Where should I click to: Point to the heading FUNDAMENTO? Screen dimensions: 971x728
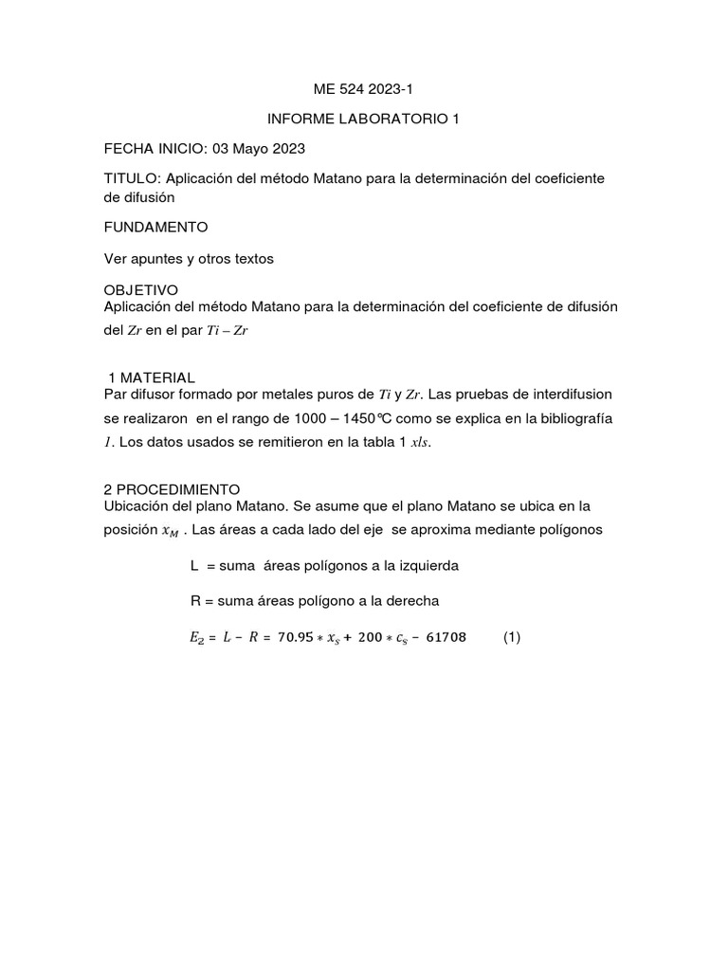(x=155, y=228)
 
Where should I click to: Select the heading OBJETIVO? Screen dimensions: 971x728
(x=140, y=289)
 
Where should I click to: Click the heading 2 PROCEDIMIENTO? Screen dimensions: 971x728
(x=172, y=489)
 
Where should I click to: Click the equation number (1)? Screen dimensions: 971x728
(x=512, y=638)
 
